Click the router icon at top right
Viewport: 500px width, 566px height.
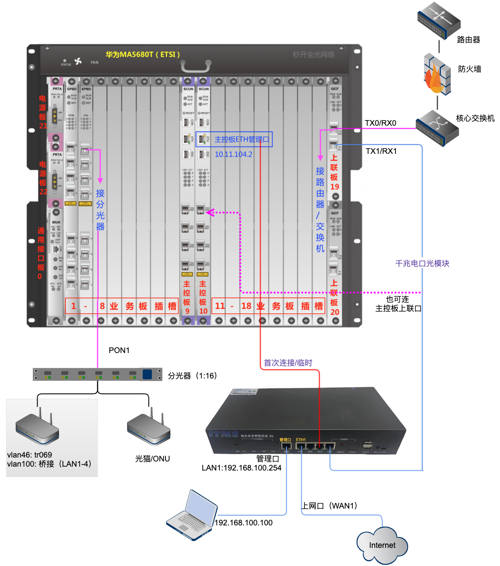438,20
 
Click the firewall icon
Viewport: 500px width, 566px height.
437,74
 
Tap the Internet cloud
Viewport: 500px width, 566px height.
382,545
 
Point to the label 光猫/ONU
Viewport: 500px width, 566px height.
152,459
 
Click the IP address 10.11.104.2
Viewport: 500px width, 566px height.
234,154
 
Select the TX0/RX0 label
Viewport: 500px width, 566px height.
380,123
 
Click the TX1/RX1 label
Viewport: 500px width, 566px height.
381,151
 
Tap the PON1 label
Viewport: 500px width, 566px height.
119,350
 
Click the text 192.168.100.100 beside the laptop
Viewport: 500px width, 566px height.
244,523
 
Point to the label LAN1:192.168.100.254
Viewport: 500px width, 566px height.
241,468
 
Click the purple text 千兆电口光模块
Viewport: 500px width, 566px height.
422,264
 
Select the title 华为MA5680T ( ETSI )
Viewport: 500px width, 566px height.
142,54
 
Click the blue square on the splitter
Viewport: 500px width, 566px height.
147,374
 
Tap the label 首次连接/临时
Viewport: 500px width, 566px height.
288,363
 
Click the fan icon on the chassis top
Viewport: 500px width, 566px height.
78,61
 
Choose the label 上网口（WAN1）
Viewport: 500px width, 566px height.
329,506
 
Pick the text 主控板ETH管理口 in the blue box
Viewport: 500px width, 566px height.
241,140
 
